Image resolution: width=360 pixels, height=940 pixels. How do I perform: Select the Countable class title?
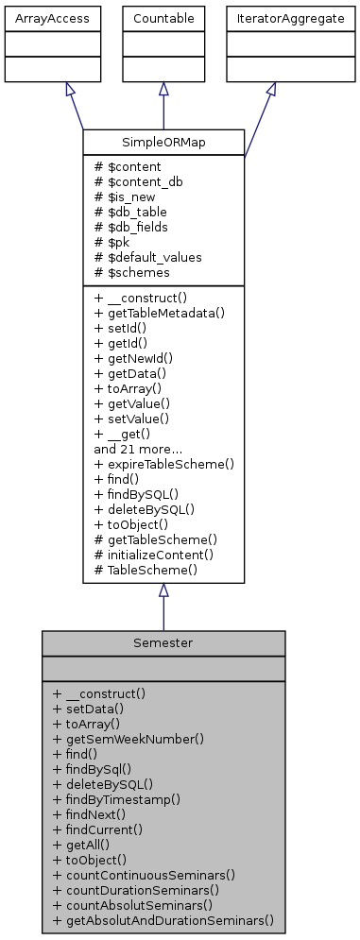click(163, 19)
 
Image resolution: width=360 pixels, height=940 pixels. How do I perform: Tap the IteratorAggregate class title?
click(271, 19)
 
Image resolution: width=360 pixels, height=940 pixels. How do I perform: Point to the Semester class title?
click(163, 642)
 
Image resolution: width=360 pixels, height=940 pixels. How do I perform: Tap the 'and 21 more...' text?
click(131, 449)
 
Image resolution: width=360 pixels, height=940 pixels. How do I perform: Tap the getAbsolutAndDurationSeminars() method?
click(163, 919)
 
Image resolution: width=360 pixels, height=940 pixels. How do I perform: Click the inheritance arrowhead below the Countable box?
click(163, 89)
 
